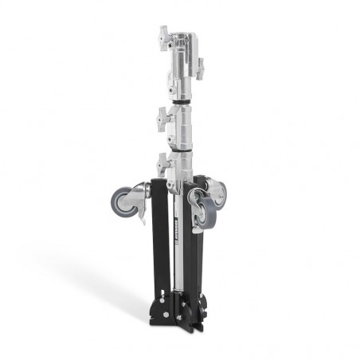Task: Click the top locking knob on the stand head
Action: pyautogui.click(x=164, y=36)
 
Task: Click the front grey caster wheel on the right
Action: pyautogui.click(x=205, y=211)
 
